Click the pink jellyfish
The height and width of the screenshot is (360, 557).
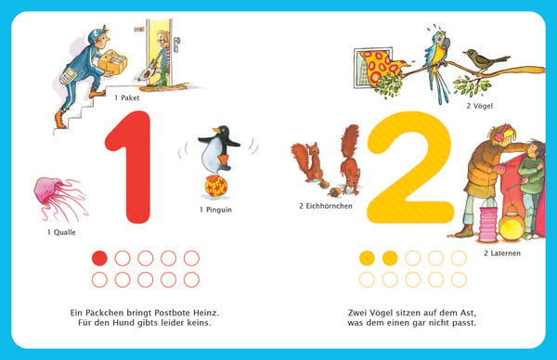point(58,199)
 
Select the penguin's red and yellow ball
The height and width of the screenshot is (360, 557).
point(215,186)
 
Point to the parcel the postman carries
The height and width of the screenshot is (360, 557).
point(112,61)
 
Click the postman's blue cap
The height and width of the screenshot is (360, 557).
point(97,34)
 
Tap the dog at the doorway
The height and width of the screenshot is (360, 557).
point(148,75)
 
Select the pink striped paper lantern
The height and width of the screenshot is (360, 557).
point(488,224)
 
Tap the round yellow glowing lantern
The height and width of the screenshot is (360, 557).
point(511,226)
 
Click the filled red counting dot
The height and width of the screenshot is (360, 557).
point(99,258)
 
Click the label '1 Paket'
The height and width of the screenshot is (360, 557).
point(127,98)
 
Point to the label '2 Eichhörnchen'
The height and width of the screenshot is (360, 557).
point(326,206)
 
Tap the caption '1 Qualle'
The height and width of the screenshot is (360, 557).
point(61,232)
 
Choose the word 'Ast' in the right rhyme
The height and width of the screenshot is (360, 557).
point(468,313)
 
